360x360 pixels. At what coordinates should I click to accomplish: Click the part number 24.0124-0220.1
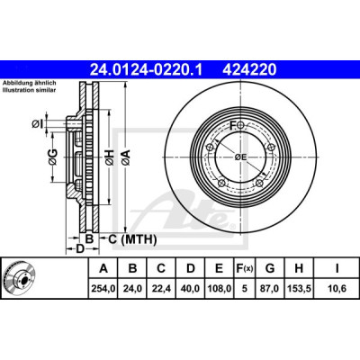coord(147,70)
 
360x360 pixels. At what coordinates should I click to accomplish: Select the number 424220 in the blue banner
coord(249,70)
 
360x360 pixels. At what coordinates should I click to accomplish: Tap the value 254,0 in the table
coord(103,289)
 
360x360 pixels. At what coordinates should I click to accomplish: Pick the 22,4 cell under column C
coord(161,289)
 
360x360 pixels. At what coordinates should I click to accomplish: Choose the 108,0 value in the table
coord(220,289)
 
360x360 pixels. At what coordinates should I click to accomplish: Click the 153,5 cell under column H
coord(299,289)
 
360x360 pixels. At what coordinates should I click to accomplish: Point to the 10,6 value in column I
coord(337,289)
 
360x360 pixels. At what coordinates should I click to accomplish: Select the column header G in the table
coord(270,268)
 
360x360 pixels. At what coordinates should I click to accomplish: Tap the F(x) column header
coord(245,268)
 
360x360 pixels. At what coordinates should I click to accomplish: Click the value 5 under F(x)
coord(245,289)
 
